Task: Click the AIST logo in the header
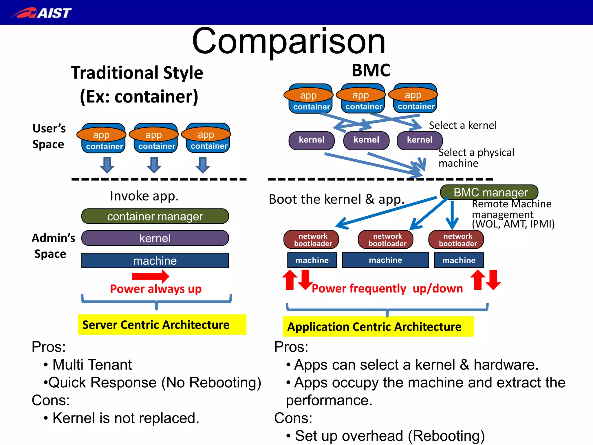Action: pos(42,13)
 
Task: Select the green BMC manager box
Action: pos(489,192)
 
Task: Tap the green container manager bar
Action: pos(155,216)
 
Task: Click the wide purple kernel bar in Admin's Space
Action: pos(155,238)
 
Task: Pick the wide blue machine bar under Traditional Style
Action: pos(155,261)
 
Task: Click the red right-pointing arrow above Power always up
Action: pos(151,276)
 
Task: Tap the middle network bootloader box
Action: pos(386,240)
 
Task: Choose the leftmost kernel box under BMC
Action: pos(312,140)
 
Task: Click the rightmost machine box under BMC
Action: pos(459,260)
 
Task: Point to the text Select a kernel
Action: pos(462,125)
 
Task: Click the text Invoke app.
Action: pos(144,196)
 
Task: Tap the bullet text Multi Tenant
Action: pos(92,364)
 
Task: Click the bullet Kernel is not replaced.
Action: pos(126,418)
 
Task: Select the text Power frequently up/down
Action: pos(387,289)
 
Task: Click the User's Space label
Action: pos(49,136)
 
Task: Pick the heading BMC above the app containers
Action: pos(371,70)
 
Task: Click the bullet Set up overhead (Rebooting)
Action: pos(389,435)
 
